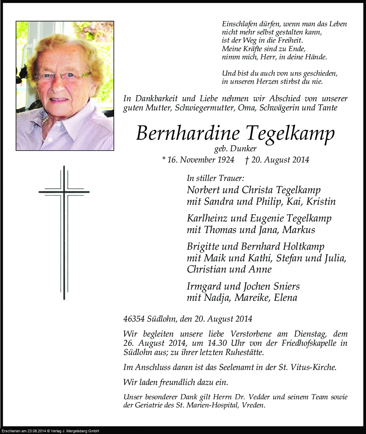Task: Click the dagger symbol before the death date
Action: click(x=247, y=159)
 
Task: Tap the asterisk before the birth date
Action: click(x=164, y=159)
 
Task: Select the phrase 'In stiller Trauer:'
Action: click(x=215, y=178)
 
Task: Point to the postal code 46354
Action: click(x=134, y=319)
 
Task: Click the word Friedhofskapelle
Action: click(x=307, y=343)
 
